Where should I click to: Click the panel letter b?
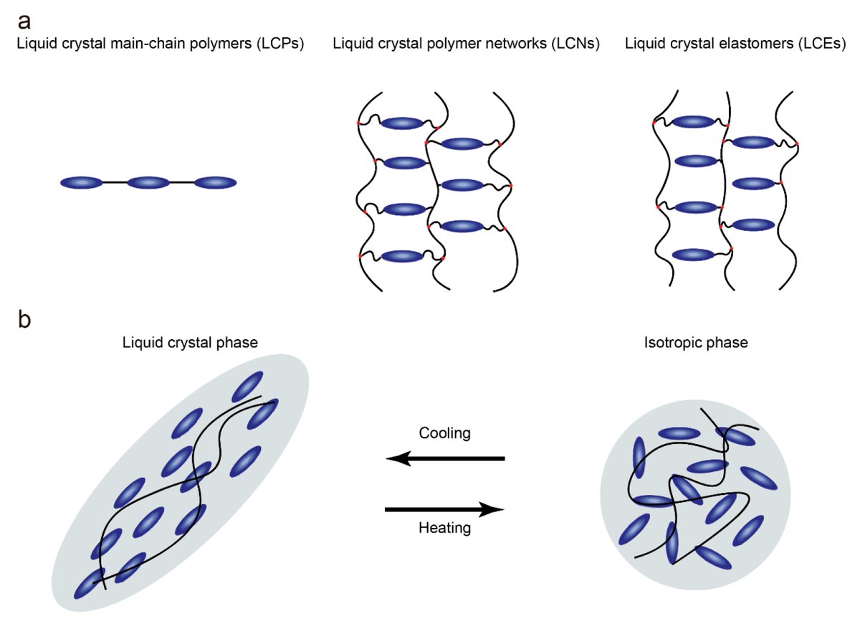(x=24, y=320)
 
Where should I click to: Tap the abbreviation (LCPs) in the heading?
(x=279, y=44)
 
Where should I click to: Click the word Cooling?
(x=444, y=434)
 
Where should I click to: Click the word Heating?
(x=444, y=529)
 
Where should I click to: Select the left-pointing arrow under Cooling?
(x=445, y=458)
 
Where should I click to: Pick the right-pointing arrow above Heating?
(x=445, y=510)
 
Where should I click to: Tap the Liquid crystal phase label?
(x=191, y=343)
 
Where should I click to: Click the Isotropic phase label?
(x=696, y=343)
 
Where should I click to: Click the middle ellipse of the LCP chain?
(x=148, y=183)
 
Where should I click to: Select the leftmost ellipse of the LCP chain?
(x=82, y=183)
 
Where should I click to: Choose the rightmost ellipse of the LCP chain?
(x=215, y=183)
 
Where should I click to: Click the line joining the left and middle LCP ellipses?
(x=115, y=183)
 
